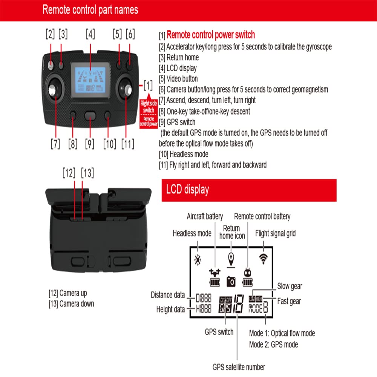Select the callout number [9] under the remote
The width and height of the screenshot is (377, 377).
[89, 144]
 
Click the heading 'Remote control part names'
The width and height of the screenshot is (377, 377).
[90, 10]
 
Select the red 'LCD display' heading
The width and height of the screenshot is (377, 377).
[188, 189]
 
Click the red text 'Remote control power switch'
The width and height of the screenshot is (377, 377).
[211, 35]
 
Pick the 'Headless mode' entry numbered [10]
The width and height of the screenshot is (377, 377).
[184, 154]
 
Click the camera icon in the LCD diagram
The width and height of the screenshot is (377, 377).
[231, 281]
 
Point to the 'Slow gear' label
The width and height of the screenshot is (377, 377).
[290, 287]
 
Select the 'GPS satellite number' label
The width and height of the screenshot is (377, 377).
[239, 367]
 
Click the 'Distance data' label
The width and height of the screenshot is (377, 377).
[168, 295]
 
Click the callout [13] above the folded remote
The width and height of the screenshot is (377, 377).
[87, 173]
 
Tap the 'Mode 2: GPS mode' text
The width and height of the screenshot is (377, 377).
[273, 344]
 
